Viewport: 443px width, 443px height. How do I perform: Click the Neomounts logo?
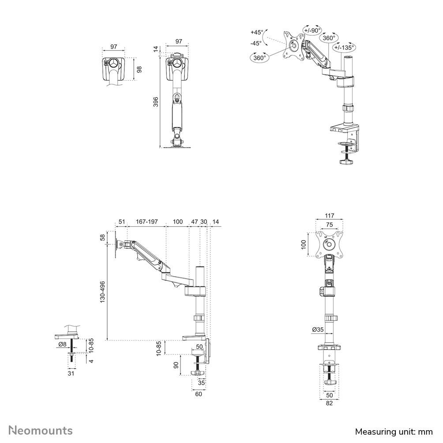click(x=41, y=430)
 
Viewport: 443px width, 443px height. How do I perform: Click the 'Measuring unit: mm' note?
click(x=394, y=432)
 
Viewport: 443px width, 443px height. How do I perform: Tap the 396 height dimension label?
click(x=156, y=102)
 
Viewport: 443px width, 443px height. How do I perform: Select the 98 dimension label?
click(x=139, y=69)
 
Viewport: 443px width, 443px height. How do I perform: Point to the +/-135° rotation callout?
click(x=344, y=48)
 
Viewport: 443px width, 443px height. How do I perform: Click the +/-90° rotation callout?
click(x=312, y=30)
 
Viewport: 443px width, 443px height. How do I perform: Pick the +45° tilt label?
click(x=256, y=32)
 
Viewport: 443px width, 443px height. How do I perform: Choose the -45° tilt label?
click(x=256, y=43)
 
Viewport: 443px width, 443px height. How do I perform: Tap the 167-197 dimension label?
click(x=147, y=221)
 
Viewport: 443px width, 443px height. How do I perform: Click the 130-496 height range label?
click(x=102, y=292)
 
